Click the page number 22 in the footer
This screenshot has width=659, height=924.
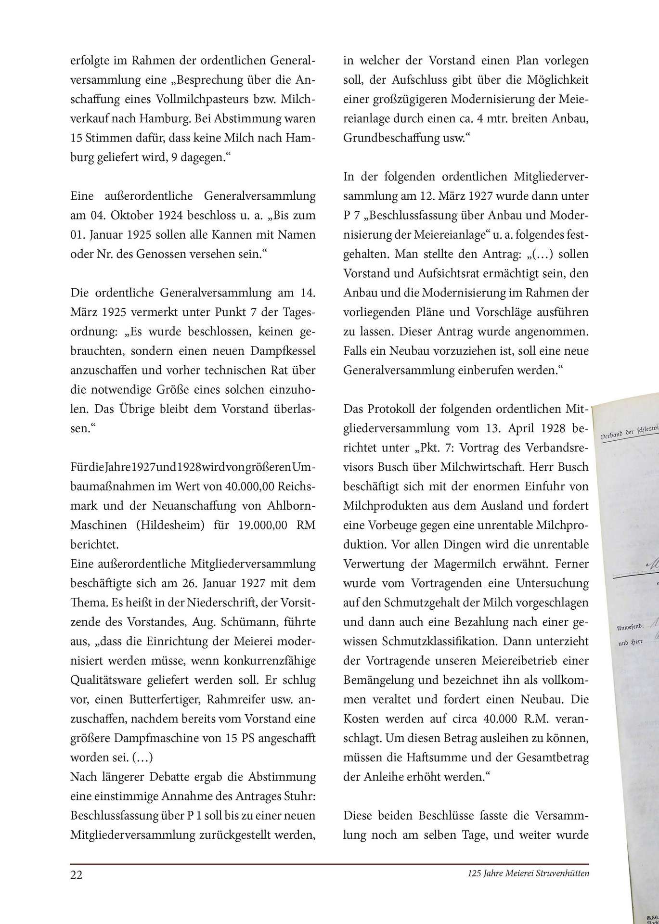pos(77,874)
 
